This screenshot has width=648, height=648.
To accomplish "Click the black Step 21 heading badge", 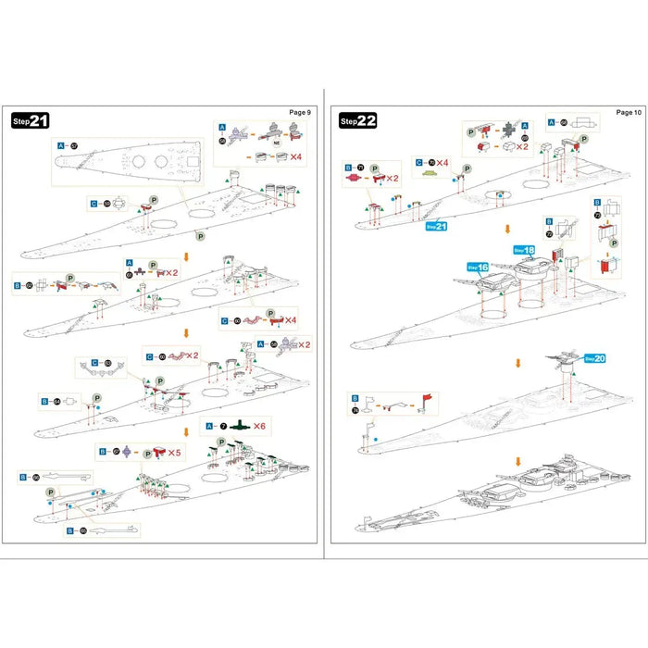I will (31, 120).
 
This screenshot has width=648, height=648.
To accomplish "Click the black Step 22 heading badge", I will (358, 120).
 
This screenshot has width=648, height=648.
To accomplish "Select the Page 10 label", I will (629, 112).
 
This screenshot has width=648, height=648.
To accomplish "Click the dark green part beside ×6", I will (240, 425).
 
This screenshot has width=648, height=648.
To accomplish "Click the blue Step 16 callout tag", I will (477, 267).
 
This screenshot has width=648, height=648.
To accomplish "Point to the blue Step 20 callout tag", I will (594, 358).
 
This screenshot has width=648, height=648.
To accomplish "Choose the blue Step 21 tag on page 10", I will (436, 226).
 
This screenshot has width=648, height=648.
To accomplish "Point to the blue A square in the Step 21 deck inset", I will (61, 145).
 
